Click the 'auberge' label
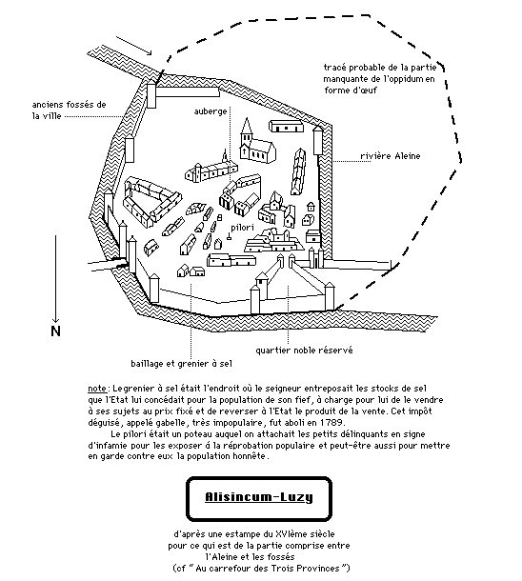[x=211, y=111]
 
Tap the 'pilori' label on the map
[x=242, y=228]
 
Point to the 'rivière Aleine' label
[x=391, y=155]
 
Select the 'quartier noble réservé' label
[x=304, y=351]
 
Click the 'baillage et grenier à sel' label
[x=182, y=364]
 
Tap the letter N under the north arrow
[x=55, y=331]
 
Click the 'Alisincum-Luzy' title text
[x=259, y=497]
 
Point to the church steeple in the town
[x=247, y=128]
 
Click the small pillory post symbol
[x=229, y=236]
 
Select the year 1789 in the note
[x=332, y=422]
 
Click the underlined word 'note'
[x=97, y=389]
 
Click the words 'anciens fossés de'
[x=69, y=105]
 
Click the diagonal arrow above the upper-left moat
[x=134, y=46]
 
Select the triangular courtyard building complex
[x=152, y=200]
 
